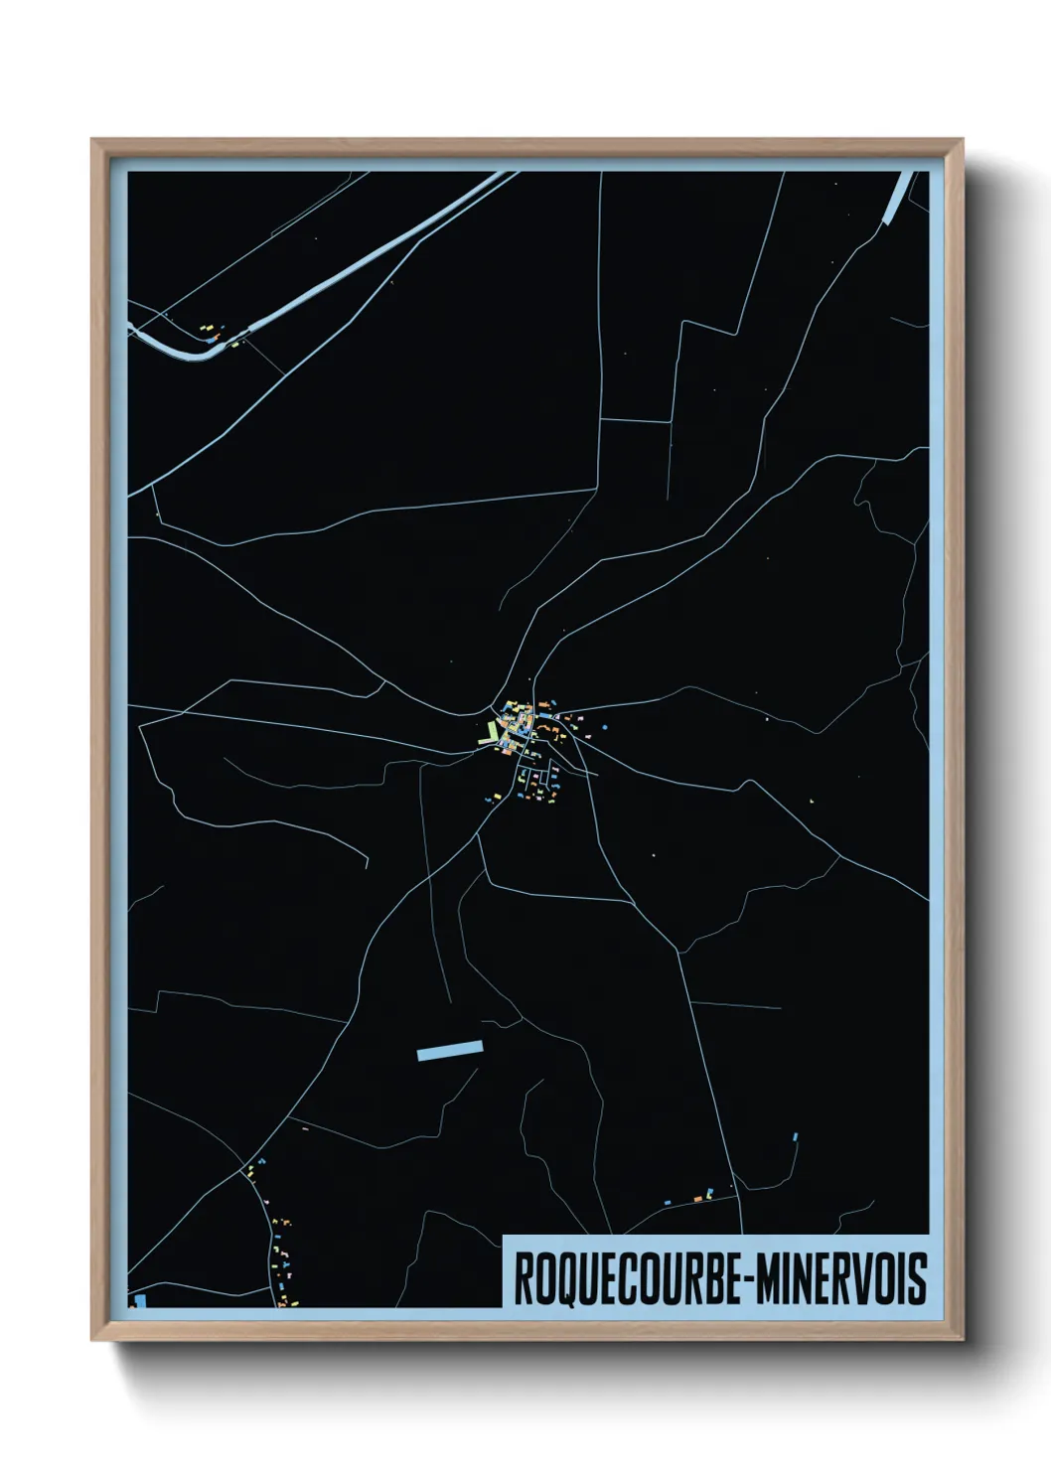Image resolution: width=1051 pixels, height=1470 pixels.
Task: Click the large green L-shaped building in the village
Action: pyautogui.click(x=492, y=733)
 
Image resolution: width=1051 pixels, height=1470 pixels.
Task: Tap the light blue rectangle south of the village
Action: pyautogui.click(x=450, y=1050)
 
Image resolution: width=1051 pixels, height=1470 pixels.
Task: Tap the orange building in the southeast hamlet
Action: pyautogui.click(x=698, y=1199)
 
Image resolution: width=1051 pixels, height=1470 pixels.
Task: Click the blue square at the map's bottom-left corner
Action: pyautogui.click(x=140, y=1300)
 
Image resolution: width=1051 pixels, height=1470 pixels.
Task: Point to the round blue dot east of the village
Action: pyautogui.click(x=604, y=727)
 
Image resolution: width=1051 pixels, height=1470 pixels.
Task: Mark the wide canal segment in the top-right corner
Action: pyautogui.click(x=899, y=196)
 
